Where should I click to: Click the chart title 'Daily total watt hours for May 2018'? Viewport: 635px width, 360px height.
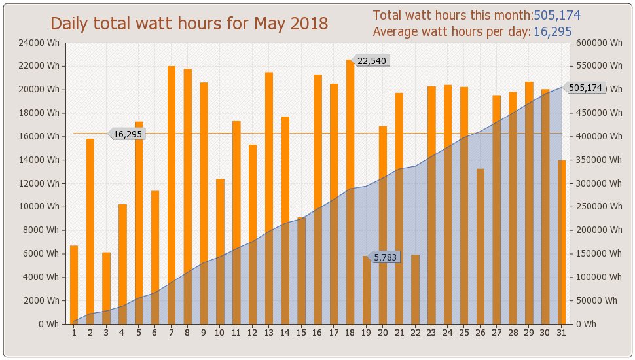click(189, 24)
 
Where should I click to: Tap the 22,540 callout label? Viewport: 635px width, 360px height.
click(372, 61)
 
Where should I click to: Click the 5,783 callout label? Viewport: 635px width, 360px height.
click(386, 257)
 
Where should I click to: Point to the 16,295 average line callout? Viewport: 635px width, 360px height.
click(128, 134)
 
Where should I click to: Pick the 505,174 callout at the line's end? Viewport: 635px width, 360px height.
click(585, 88)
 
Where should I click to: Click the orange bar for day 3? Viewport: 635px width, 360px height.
click(106, 288)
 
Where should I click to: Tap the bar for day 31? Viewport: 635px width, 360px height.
click(562, 242)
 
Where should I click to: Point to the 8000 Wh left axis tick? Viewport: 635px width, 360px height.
click(45, 230)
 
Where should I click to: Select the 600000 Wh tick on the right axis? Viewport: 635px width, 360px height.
click(598, 43)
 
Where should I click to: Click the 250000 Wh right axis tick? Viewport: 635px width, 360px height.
click(598, 207)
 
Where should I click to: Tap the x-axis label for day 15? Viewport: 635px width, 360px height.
click(301, 333)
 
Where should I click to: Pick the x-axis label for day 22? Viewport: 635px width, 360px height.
click(415, 333)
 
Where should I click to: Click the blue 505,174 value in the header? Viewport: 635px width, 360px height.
click(557, 16)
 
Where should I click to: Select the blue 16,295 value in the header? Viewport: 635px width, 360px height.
click(553, 32)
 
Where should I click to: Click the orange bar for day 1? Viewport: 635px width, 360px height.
click(74, 285)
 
